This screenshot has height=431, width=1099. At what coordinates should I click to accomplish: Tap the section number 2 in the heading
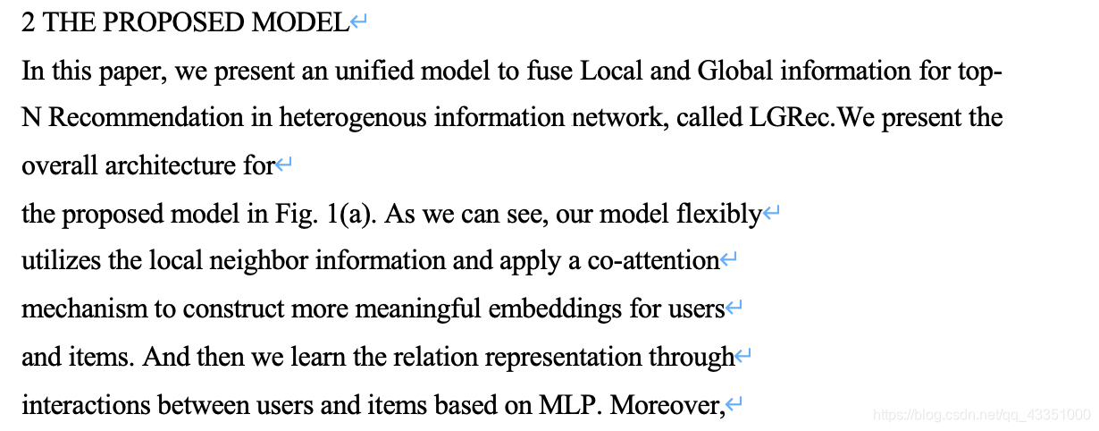[x=28, y=23]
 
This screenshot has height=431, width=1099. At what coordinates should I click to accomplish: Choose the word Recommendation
[x=146, y=118]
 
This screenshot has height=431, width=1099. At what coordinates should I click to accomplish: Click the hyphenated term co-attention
[x=652, y=261]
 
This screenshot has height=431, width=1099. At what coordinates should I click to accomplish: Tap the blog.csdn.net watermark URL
[x=981, y=415]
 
